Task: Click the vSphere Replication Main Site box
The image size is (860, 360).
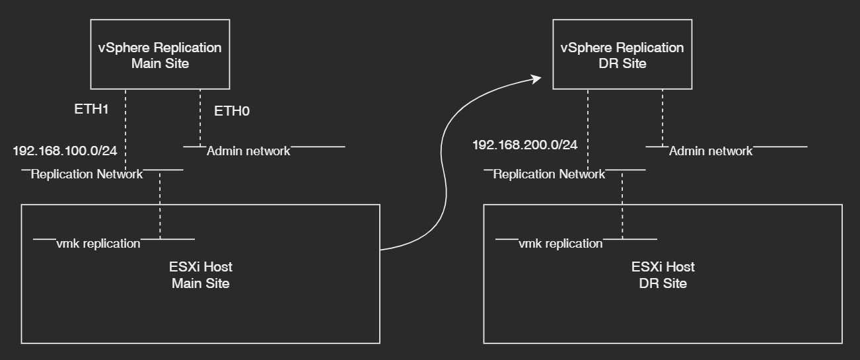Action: click(160, 55)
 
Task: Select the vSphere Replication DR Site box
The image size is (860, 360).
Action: click(622, 55)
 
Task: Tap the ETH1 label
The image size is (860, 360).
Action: click(91, 109)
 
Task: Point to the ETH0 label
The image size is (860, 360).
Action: click(232, 112)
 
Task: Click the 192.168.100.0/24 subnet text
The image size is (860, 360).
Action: click(65, 151)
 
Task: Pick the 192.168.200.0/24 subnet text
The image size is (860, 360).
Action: click(525, 145)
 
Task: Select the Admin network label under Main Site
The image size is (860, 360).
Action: click(248, 151)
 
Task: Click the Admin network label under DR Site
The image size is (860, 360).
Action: click(711, 151)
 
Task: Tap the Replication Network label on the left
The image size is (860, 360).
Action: click(87, 174)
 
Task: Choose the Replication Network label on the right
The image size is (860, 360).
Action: click(549, 174)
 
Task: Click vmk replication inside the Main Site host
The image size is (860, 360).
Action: click(98, 244)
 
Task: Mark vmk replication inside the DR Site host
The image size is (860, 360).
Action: click(561, 244)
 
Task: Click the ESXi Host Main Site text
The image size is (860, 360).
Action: click(201, 275)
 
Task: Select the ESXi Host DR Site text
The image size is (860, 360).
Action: click(663, 275)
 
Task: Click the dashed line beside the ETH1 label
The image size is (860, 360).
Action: click(125, 126)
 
